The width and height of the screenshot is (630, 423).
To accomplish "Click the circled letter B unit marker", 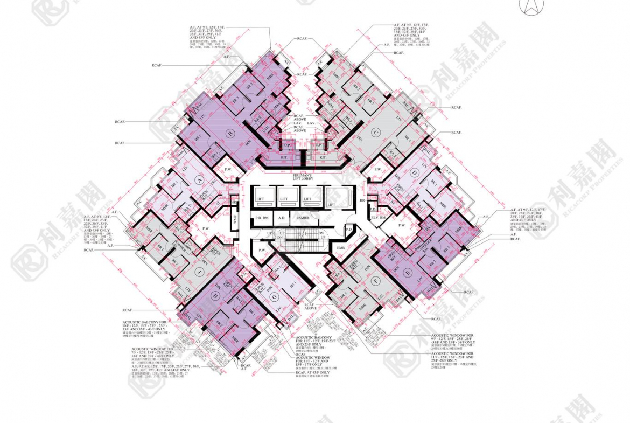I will point(230,134).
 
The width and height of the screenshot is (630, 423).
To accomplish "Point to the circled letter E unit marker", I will point(408,275).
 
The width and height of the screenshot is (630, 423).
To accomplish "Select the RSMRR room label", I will point(302,219).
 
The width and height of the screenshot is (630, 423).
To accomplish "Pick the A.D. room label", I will point(282,219).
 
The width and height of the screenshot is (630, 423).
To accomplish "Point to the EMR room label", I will point(340,247).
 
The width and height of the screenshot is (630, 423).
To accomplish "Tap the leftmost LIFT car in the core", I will point(261,198).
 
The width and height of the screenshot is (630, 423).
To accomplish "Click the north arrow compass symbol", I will point(527,6).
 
